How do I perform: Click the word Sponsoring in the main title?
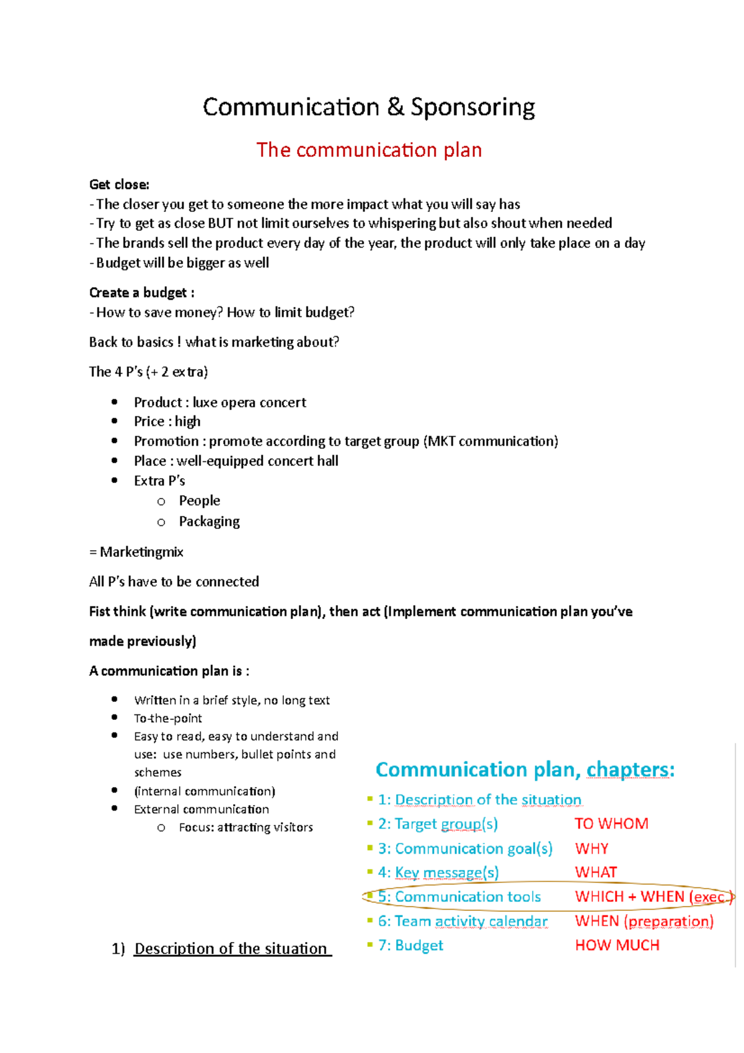coord(472,108)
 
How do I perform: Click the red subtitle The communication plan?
coord(369,150)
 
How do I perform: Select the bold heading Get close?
coord(119,185)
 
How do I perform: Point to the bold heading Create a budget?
coord(141,293)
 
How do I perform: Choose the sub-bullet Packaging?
coord(209,522)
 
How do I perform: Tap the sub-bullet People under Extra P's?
coord(199,501)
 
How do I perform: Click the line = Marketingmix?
coord(136,552)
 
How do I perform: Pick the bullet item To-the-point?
coord(168,719)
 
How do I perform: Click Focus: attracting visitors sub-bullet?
coord(246,827)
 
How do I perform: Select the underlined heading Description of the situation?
coord(231,949)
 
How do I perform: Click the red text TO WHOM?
coord(611,824)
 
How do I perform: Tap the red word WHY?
coord(591,848)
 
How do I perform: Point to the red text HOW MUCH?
coord(617,945)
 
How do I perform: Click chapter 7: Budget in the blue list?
coord(410,945)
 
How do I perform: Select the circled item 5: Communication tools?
coord(459,897)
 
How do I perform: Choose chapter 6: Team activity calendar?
coord(463,921)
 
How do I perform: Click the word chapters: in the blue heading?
coord(630,770)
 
